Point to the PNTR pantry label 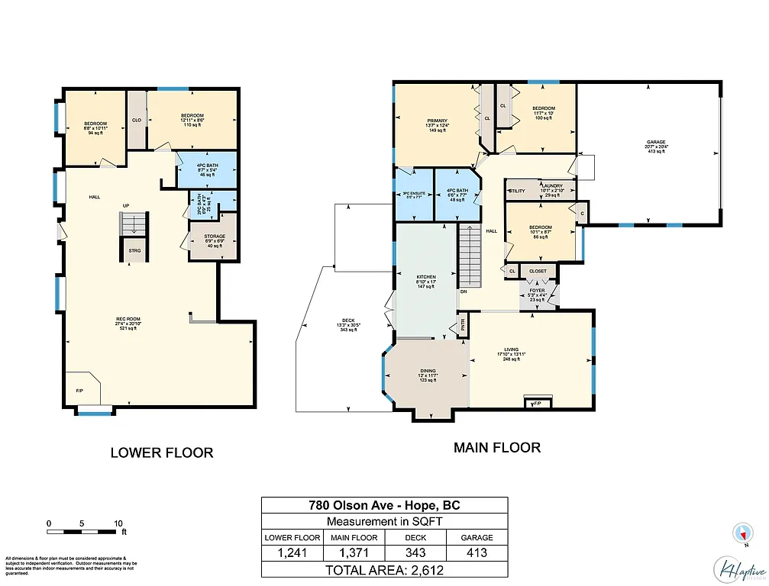click(x=462, y=327)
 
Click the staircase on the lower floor click(x=132, y=225)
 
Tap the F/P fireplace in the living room click(x=536, y=402)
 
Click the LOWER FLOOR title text click(x=162, y=452)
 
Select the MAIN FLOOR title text click(x=497, y=448)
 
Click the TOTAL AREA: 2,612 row click(x=385, y=569)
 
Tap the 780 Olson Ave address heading click(x=385, y=505)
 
